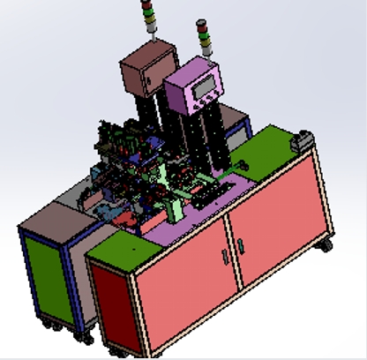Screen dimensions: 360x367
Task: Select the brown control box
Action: pyautogui.click(x=145, y=70)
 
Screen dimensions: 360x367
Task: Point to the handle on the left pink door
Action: pyautogui.click(x=224, y=256)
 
